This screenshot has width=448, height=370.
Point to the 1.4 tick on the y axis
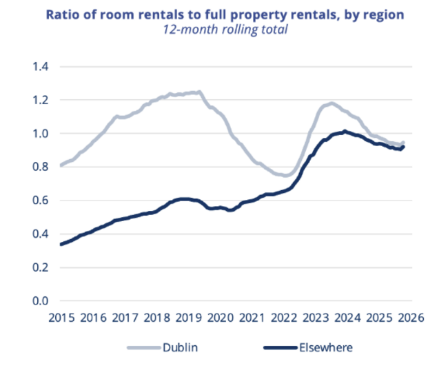[x=42, y=67]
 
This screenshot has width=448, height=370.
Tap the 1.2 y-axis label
[x=42, y=100]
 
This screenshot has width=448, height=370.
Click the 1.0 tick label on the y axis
[x=42, y=134]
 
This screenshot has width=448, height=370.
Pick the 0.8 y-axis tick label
[x=42, y=167]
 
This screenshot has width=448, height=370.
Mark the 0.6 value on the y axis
[x=42, y=201]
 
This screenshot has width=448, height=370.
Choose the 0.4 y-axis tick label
[x=42, y=234]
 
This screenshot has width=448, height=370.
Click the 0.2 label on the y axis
[x=42, y=267]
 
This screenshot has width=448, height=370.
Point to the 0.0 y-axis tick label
[x=42, y=301]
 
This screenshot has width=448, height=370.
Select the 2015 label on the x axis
[x=61, y=318]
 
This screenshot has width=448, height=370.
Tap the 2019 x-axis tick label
[x=188, y=318]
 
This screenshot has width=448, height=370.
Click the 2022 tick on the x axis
[x=284, y=318]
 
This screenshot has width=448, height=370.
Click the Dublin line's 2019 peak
[x=198, y=92]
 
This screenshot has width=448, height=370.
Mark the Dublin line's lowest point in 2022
[x=285, y=176]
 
